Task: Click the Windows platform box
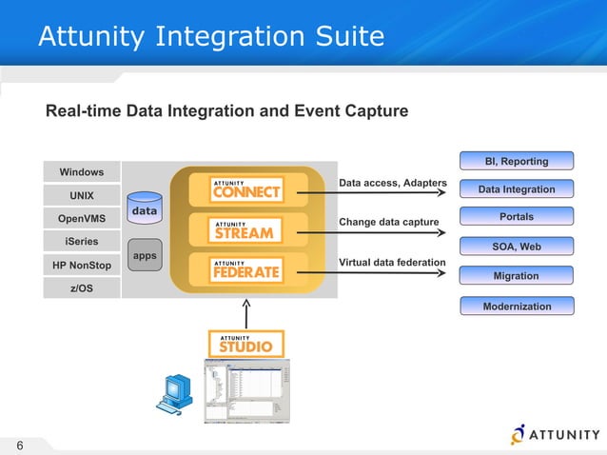point(82,172)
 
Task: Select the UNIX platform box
point(82,195)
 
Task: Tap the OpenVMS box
point(82,218)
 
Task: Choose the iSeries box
point(82,241)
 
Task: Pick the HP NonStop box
point(82,264)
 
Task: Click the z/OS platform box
point(82,287)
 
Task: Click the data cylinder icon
point(145,208)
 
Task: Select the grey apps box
point(145,256)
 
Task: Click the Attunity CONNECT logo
point(246,189)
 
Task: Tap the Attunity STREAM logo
point(246,229)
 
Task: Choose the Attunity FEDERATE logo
point(246,269)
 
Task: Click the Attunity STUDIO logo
point(246,343)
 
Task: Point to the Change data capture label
point(389,223)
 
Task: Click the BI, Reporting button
point(517,161)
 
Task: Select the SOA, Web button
point(517,247)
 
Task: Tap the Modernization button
point(517,307)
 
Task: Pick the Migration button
point(517,276)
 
